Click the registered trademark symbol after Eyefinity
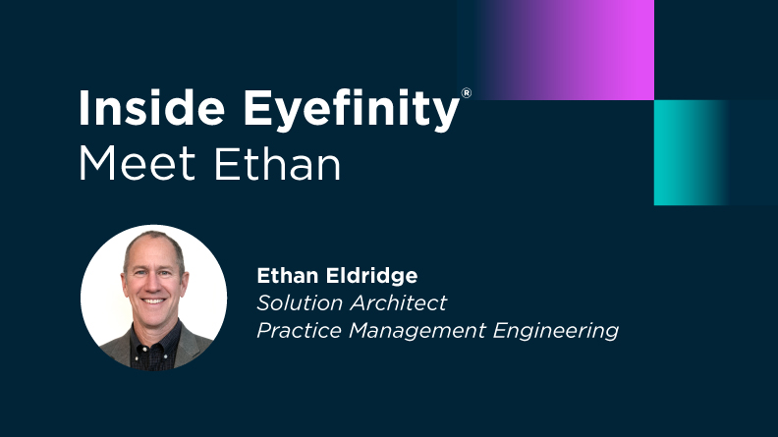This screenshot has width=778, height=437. pyautogui.click(x=467, y=92)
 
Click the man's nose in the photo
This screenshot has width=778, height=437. pyautogui.click(x=155, y=286)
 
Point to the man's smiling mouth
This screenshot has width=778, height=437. pyautogui.click(x=155, y=300)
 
